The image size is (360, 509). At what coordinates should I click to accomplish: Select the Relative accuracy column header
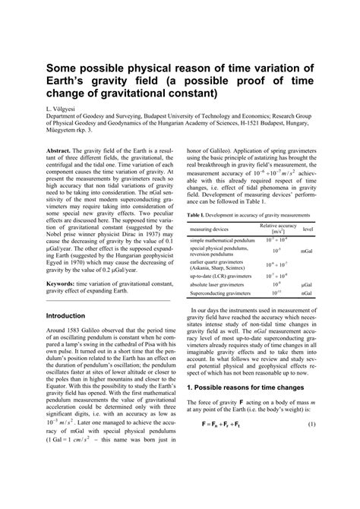pos(278,228)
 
